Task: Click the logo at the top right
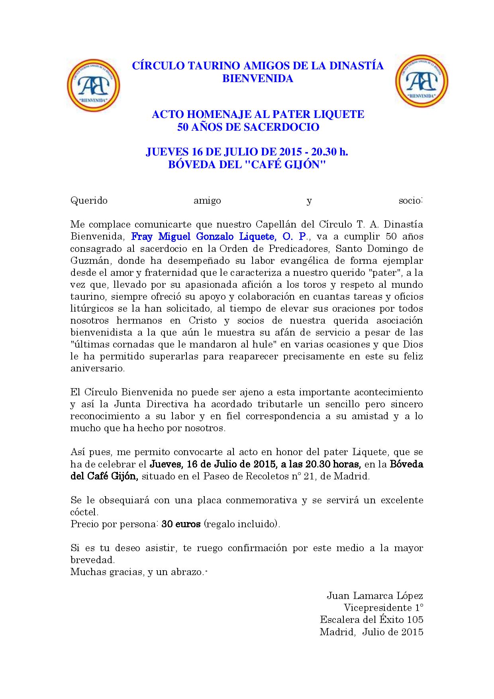point(422,81)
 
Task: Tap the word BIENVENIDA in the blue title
point(257,79)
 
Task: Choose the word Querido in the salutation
point(89,200)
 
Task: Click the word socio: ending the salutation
point(411,200)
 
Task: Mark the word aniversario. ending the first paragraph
point(98,368)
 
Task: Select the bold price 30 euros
point(181,524)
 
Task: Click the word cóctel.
point(84,512)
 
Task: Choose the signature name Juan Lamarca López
point(374,596)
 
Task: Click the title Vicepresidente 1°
point(383,608)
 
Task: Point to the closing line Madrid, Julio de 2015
point(371,632)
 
